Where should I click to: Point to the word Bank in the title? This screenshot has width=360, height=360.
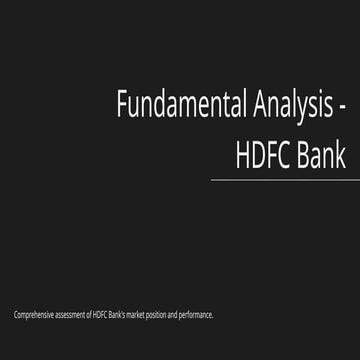point(322,154)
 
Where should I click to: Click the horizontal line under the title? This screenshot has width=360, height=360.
point(285,180)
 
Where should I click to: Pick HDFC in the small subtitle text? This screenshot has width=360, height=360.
point(100,315)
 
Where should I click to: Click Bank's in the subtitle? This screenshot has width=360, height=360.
point(119,315)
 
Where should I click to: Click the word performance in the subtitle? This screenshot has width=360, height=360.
point(198,315)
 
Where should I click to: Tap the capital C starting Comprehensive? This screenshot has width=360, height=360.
point(15,315)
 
